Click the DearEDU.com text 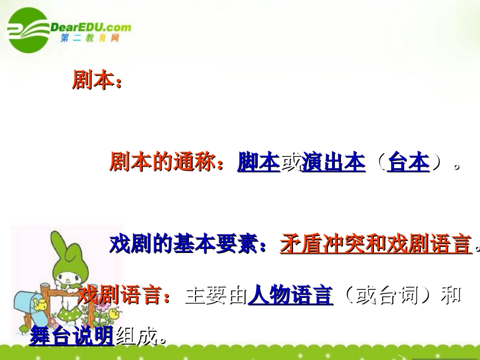pos(91,27)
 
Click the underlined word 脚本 pos(258,163)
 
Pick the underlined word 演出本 pos(333,163)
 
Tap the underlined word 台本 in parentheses pos(408,163)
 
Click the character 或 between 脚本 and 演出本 pos(290,163)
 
